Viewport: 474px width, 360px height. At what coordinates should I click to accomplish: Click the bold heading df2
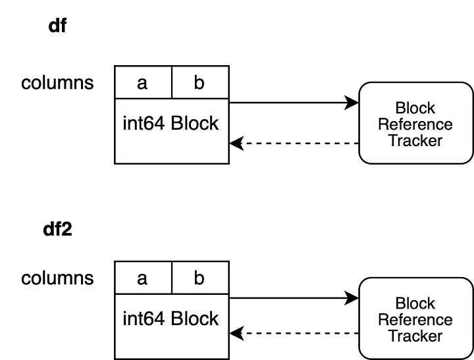coord(57,230)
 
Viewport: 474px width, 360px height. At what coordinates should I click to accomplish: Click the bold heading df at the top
coord(57,26)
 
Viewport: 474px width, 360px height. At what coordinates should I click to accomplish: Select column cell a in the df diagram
coord(143,82)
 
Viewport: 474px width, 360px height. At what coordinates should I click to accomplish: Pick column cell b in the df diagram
coord(200,82)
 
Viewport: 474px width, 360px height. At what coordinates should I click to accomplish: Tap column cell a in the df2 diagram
coord(143,278)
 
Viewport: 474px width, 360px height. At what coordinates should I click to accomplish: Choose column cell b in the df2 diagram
coord(200,278)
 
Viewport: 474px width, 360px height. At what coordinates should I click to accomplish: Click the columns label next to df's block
coord(57,83)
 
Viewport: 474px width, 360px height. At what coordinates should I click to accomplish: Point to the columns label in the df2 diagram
coord(57,278)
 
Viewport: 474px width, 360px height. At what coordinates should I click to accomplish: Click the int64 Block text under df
coord(171,123)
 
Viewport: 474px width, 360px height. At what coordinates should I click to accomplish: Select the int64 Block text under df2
coord(171,319)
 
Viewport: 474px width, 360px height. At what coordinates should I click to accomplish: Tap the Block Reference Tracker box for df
coord(416,123)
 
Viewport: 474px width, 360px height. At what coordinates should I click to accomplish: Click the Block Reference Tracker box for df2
coord(416,319)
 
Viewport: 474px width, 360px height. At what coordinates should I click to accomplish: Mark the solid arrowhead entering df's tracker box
coord(352,103)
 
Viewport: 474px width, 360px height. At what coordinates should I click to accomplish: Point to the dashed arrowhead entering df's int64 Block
coord(236,143)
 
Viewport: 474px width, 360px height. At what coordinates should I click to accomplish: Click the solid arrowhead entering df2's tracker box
coord(352,298)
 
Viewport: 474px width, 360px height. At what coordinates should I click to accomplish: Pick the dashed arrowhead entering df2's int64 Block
coord(236,334)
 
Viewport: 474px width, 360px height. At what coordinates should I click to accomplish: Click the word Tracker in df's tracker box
coord(415,141)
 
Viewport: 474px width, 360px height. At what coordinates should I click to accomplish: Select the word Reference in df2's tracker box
coord(415,320)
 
